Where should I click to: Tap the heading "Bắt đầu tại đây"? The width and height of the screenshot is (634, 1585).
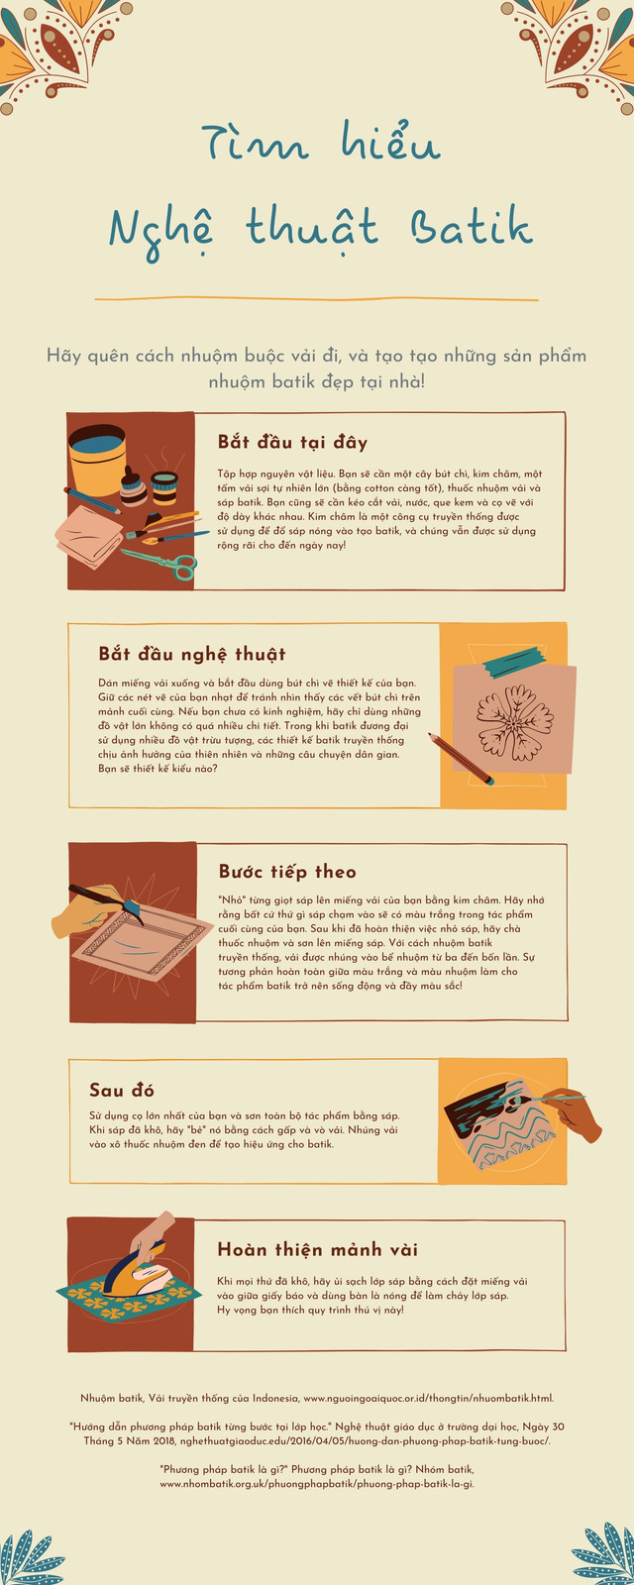click(x=292, y=442)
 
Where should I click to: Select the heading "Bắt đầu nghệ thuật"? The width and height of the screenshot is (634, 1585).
click(x=192, y=654)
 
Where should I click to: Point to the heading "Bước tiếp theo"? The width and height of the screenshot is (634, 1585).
click(x=287, y=871)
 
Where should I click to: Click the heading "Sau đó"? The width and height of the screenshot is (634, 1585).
click(x=122, y=1090)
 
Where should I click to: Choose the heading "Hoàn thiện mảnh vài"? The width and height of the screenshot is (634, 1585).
click(x=318, y=1249)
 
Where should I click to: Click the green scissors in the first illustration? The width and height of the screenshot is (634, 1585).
click(x=160, y=564)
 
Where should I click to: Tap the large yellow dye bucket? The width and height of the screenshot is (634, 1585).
click(x=98, y=460)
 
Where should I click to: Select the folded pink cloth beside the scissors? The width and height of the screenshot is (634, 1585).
click(x=88, y=535)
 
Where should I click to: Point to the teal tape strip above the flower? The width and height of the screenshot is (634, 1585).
click(x=514, y=663)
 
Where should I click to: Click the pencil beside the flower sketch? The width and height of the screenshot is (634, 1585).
click(x=461, y=759)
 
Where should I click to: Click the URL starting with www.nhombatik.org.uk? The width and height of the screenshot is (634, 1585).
click(x=316, y=1484)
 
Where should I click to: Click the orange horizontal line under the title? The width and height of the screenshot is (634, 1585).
click(x=316, y=299)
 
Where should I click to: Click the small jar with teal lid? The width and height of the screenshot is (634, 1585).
click(x=164, y=487)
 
